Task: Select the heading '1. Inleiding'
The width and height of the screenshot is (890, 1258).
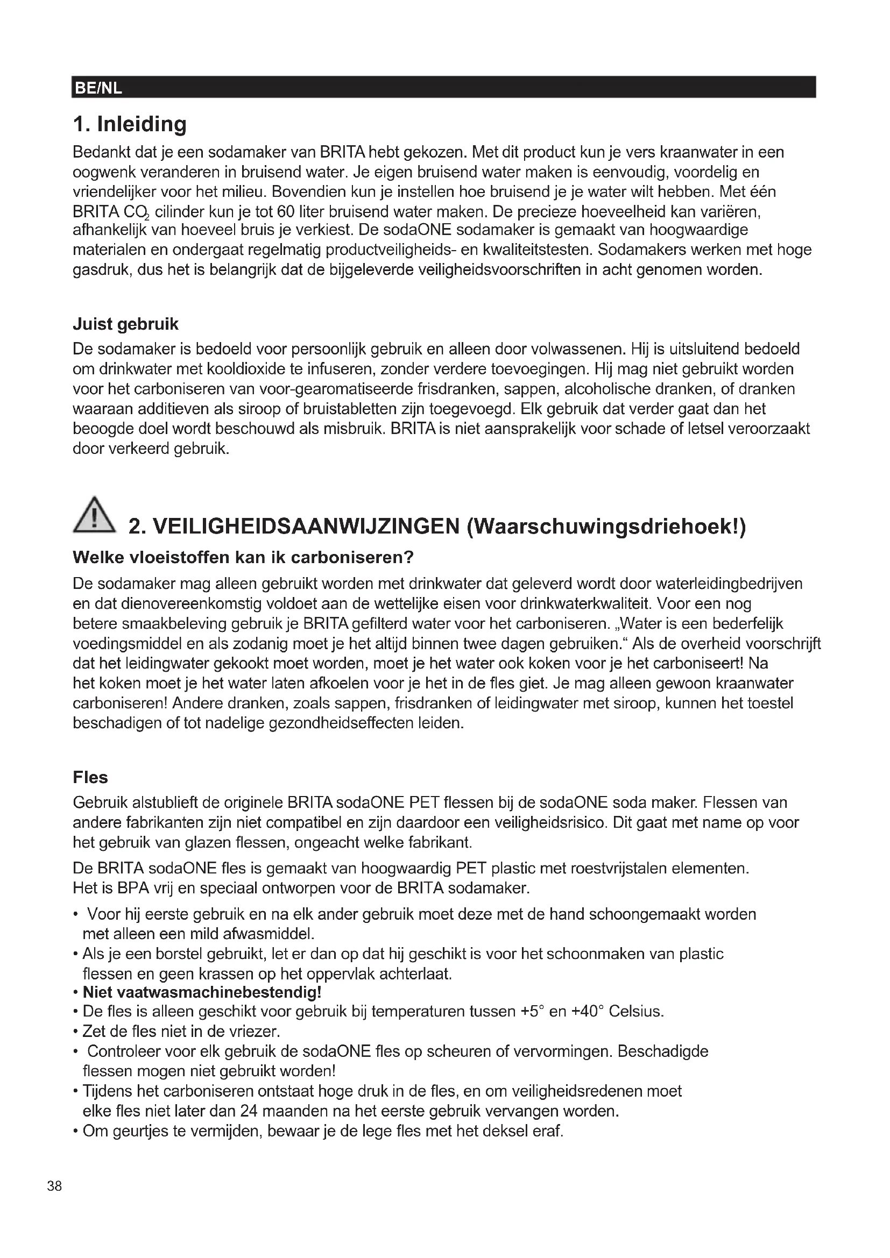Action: click(130, 124)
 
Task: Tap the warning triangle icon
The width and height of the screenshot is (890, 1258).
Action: click(94, 515)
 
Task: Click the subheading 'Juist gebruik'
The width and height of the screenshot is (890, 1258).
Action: click(125, 324)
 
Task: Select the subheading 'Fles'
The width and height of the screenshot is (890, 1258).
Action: click(90, 778)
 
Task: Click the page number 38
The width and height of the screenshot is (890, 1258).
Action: click(55, 1186)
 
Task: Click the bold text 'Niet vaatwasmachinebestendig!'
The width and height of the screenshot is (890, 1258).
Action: click(202, 992)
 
